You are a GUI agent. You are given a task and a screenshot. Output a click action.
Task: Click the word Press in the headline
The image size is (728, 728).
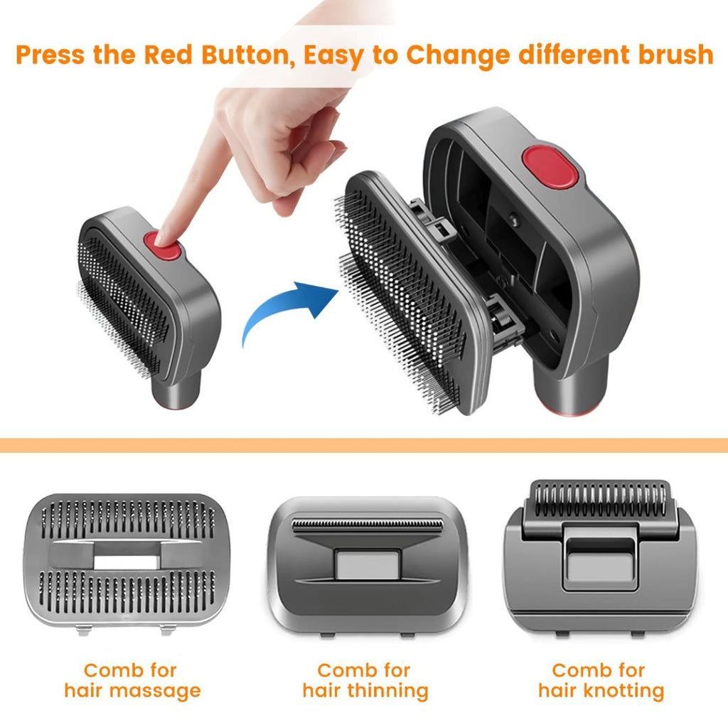click(50, 55)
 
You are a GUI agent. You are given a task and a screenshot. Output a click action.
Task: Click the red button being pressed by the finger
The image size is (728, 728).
click(163, 246)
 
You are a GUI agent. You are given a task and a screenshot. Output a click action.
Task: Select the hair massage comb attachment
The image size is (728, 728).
click(120, 561)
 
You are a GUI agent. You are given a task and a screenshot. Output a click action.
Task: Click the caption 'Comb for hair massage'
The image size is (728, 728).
click(132, 680)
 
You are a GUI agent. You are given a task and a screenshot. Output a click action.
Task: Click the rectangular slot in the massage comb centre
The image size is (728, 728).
click(119, 562)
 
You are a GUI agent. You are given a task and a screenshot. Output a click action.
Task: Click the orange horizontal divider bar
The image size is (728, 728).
click(364, 446)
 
